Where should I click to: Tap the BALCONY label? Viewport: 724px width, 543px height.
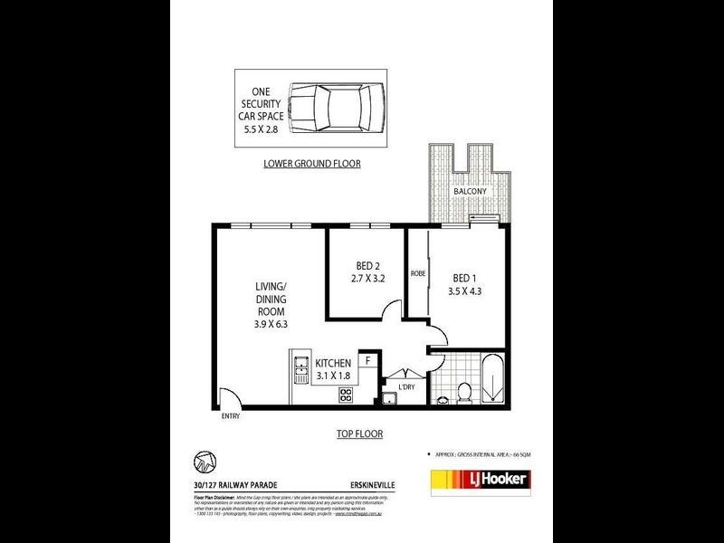(470, 192)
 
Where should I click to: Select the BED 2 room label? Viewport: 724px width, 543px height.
(366, 265)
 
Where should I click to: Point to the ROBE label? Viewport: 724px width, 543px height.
(418, 272)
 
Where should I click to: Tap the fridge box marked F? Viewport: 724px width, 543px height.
(367, 360)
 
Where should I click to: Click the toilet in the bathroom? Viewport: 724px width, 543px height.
(462, 391)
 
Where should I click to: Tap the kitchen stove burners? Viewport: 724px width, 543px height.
(345, 395)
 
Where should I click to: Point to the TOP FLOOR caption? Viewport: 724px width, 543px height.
(361, 433)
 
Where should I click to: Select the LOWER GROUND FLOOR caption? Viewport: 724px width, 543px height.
(311, 164)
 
